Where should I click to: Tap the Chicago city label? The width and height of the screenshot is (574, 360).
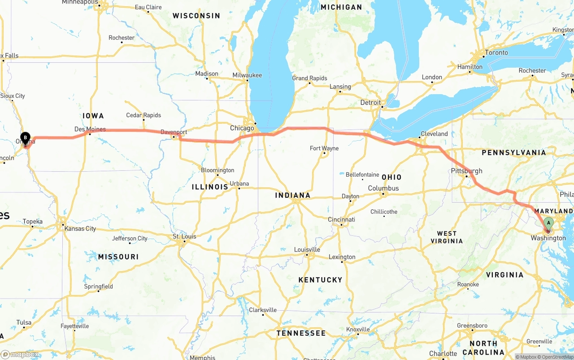click(x=242, y=128)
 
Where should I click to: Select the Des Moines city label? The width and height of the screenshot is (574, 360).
click(x=90, y=129)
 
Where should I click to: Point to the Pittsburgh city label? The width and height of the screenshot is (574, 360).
click(x=467, y=171)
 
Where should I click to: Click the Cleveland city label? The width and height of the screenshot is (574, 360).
click(x=434, y=134)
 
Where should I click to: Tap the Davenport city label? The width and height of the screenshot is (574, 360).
click(x=174, y=132)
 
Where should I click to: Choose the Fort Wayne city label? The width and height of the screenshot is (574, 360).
click(x=324, y=148)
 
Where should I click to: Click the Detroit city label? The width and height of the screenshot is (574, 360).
click(x=370, y=103)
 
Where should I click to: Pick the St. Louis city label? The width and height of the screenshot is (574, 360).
click(x=184, y=237)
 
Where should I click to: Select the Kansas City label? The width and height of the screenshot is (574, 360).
click(x=80, y=229)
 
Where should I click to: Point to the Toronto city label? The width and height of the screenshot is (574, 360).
click(x=496, y=52)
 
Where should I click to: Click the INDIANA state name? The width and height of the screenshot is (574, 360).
click(x=293, y=195)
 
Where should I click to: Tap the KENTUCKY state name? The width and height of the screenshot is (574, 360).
click(x=320, y=280)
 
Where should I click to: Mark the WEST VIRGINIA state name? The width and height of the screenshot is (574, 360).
click(x=447, y=237)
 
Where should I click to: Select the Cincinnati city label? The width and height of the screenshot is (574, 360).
click(x=341, y=219)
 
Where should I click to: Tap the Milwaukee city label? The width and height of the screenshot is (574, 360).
click(x=247, y=75)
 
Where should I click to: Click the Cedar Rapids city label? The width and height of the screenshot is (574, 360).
click(x=143, y=115)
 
